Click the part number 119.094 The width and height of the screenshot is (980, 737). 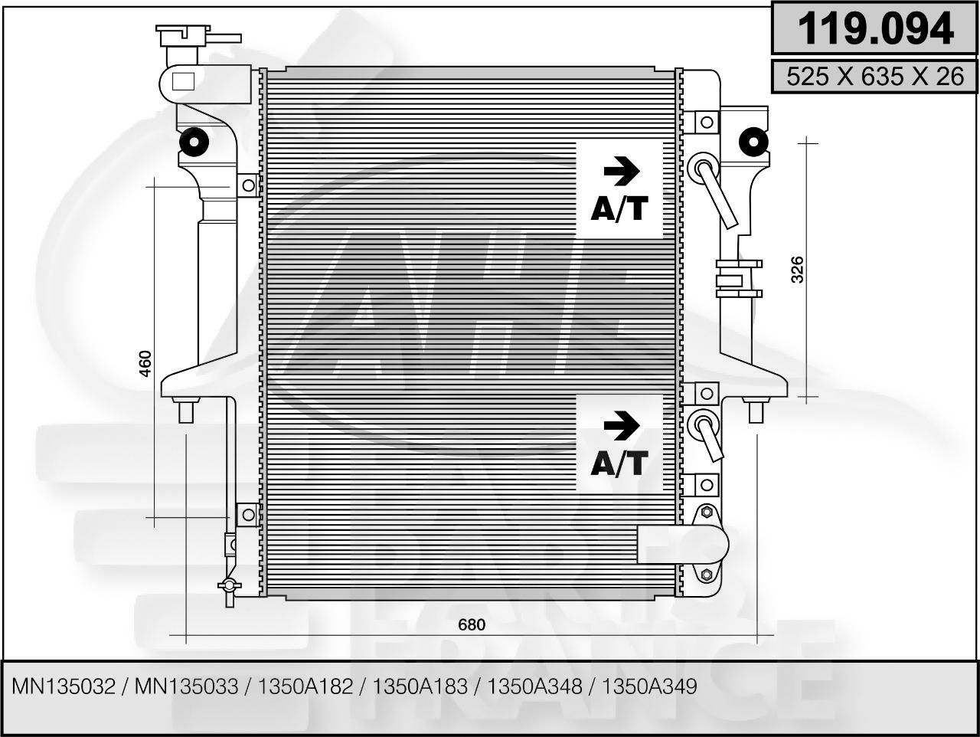click(875, 29)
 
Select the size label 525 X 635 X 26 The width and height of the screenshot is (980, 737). click(875, 76)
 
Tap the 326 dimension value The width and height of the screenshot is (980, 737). click(797, 270)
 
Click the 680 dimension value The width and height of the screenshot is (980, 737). click(472, 624)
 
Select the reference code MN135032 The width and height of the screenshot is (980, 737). click(63, 686)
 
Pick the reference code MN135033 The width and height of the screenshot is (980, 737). click(186, 686)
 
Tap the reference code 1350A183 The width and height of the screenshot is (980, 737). click(420, 686)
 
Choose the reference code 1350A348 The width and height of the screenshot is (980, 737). click(534, 686)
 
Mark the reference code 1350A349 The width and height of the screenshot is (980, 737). click(650, 686)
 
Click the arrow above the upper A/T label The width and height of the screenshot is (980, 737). click(621, 172)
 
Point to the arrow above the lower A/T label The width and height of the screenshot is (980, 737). click(621, 426)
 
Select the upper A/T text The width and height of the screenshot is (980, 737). click(619, 208)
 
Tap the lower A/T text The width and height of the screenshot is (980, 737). click(619, 463)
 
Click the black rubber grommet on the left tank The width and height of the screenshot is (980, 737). click(194, 142)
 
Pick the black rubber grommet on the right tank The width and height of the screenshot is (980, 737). click(753, 142)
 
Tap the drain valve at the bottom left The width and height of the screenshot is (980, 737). click(229, 586)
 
